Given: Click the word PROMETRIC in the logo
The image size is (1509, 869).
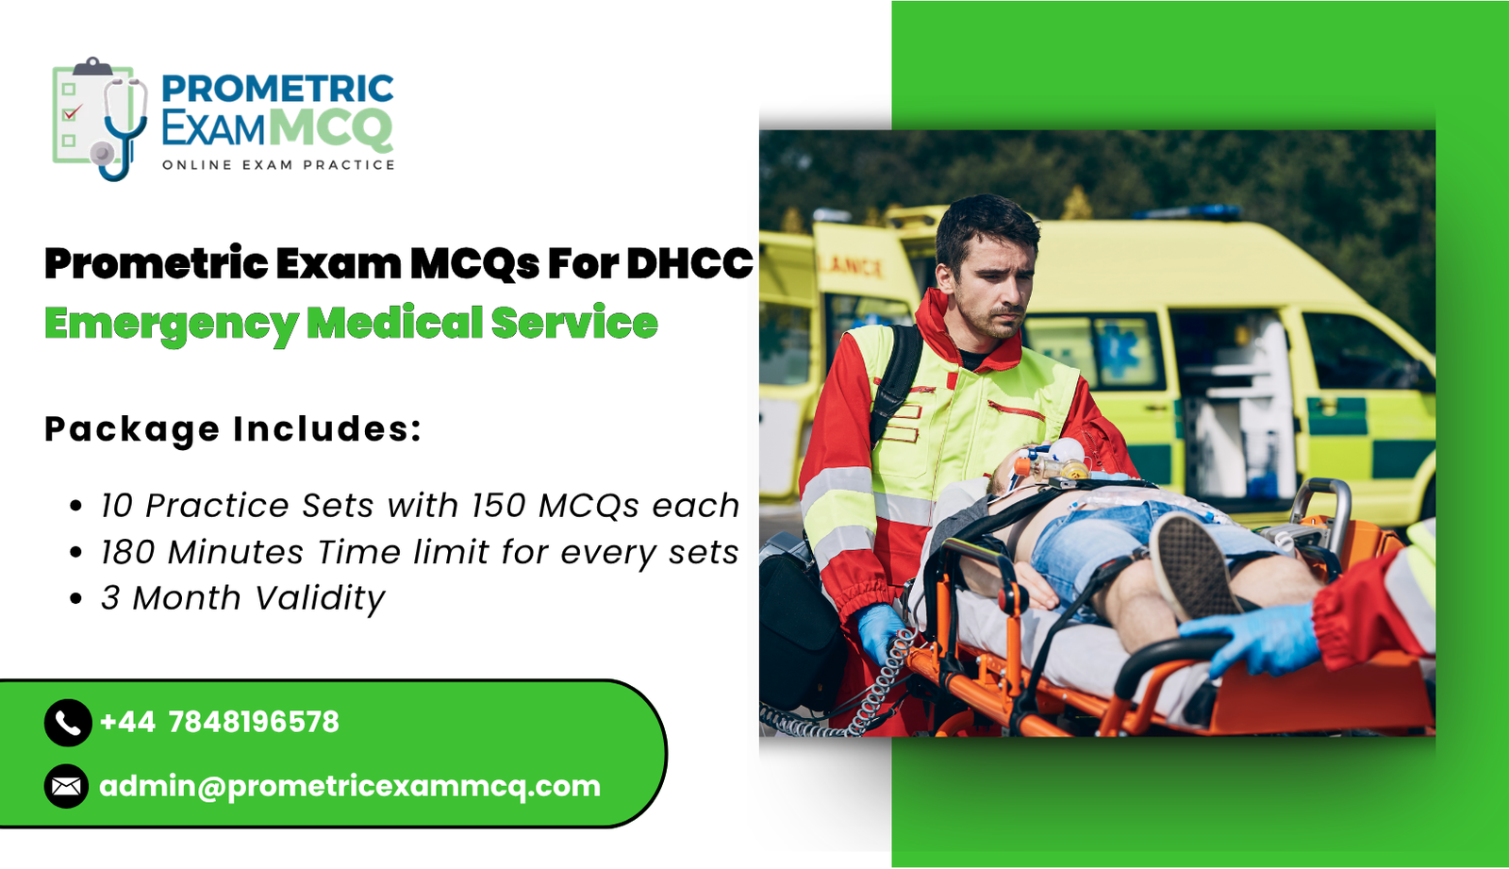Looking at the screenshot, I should (277, 89).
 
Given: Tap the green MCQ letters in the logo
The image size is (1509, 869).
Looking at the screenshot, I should (330, 129).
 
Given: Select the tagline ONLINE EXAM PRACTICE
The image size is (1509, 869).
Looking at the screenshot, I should (278, 165).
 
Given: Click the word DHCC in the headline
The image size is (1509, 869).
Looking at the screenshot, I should (689, 264).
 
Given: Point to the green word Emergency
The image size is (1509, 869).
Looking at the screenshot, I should (170, 324).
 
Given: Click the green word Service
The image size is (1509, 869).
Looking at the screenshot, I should (573, 323).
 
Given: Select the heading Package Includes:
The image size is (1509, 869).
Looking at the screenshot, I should (233, 429).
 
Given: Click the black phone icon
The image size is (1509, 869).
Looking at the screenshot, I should (67, 723).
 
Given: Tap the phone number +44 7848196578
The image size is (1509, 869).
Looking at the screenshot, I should (219, 723).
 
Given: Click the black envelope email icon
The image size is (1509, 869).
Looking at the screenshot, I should (67, 786).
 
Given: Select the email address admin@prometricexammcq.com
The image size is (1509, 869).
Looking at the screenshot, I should (350, 786).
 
